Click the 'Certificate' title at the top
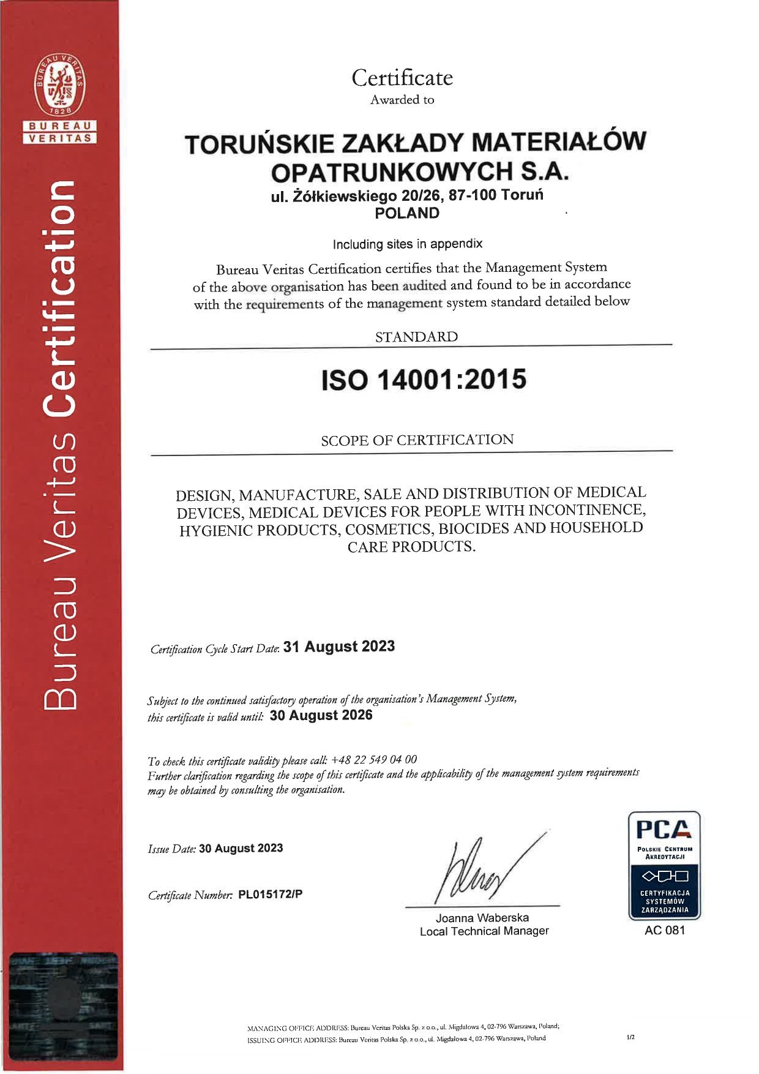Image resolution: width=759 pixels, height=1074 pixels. pyautogui.click(x=402, y=78)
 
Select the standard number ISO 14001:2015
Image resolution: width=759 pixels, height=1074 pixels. pyautogui.click(x=424, y=380)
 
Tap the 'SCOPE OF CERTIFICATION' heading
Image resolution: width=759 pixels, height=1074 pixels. pyautogui.click(x=417, y=440)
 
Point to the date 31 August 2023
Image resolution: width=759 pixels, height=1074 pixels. pyautogui.click(x=339, y=647)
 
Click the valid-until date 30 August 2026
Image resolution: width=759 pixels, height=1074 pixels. pyautogui.click(x=321, y=715)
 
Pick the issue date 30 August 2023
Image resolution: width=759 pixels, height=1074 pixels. pyautogui.click(x=241, y=848)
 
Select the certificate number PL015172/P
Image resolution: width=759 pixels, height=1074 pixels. pyautogui.click(x=270, y=894)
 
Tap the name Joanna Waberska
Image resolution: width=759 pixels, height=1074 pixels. pyautogui.click(x=482, y=917)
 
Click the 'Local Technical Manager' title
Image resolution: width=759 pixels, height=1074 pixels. pyautogui.click(x=484, y=931)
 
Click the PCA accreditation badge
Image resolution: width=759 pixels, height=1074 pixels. pyautogui.click(x=664, y=865)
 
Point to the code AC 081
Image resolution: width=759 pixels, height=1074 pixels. pyautogui.click(x=664, y=930)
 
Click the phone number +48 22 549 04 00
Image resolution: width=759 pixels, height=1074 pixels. pyautogui.click(x=374, y=759)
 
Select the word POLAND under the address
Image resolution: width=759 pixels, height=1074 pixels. pyautogui.click(x=407, y=213)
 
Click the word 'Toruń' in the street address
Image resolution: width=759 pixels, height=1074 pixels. pyautogui.click(x=522, y=195)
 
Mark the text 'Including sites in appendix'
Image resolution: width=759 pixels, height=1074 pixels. pyautogui.click(x=407, y=244)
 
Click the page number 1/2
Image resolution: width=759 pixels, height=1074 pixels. pyautogui.click(x=630, y=1037)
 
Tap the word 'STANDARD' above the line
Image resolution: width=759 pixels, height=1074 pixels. pyautogui.click(x=416, y=337)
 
